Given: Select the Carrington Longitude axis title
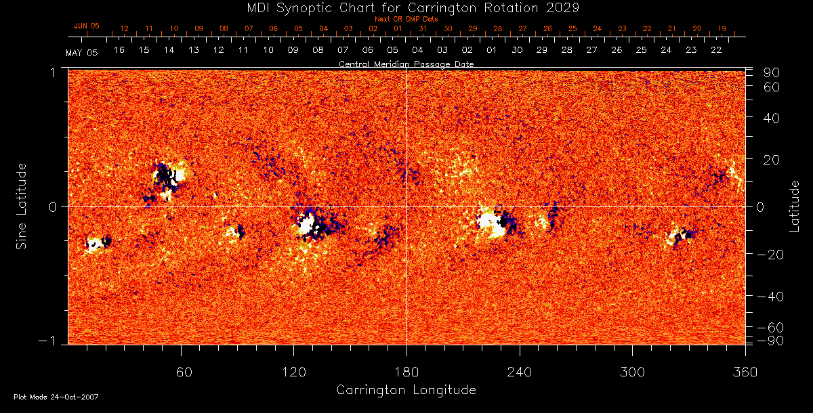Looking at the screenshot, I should [x=406, y=390].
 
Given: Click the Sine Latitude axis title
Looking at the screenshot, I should [x=22, y=205].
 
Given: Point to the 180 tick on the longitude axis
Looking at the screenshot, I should [x=406, y=372].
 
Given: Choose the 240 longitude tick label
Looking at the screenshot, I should [x=520, y=372].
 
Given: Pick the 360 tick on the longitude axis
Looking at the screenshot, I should [x=745, y=372].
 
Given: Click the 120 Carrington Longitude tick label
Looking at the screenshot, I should [x=293, y=372].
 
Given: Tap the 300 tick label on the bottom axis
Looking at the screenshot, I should [x=632, y=372].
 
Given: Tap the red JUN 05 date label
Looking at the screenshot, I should [x=86, y=26].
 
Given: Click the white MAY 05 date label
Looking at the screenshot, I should [x=81, y=53].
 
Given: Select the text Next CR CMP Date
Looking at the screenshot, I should [x=406, y=19].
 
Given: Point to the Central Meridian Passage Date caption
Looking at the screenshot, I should [x=406, y=64].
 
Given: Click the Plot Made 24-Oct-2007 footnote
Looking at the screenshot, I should [x=56, y=396].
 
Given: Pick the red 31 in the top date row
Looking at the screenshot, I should [x=422, y=28].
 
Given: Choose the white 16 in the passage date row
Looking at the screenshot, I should [x=119, y=50].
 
